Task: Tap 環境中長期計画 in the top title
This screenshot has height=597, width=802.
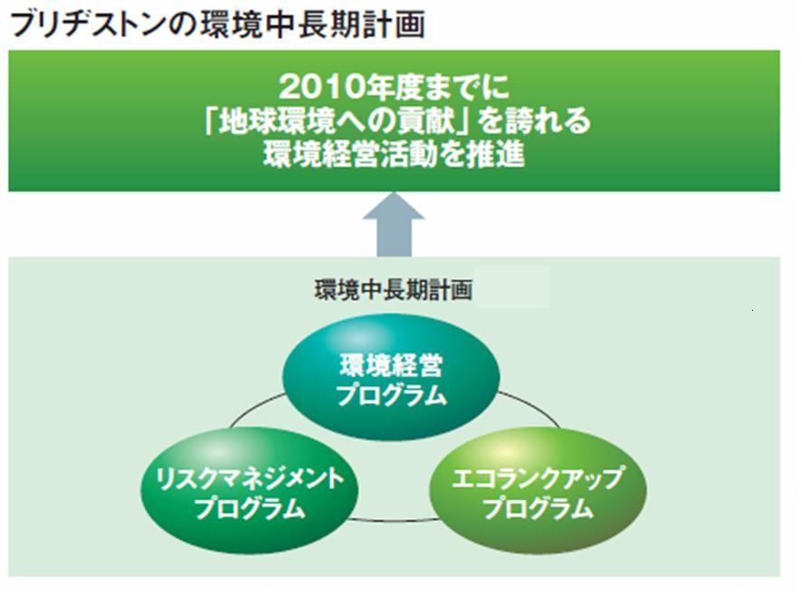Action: (x=312, y=24)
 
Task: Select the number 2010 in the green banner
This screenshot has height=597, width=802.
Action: (x=321, y=87)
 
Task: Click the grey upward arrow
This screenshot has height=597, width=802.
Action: (x=394, y=225)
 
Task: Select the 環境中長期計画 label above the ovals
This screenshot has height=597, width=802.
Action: (x=394, y=290)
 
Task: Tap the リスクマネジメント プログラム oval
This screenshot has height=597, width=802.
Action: (x=250, y=491)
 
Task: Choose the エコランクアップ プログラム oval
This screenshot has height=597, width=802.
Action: (x=538, y=491)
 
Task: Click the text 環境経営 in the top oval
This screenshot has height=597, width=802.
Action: (x=391, y=365)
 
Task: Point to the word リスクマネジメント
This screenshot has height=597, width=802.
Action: (x=250, y=478)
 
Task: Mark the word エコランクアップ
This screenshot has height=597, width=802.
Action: (x=538, y=478)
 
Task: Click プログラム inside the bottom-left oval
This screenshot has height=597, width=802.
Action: (x=250, y=508)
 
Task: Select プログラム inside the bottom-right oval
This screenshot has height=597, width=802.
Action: (x=538, y=508)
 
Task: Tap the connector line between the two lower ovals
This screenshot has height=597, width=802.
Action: (x=394, y=521)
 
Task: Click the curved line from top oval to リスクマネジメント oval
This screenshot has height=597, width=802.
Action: (x=254, y=408)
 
